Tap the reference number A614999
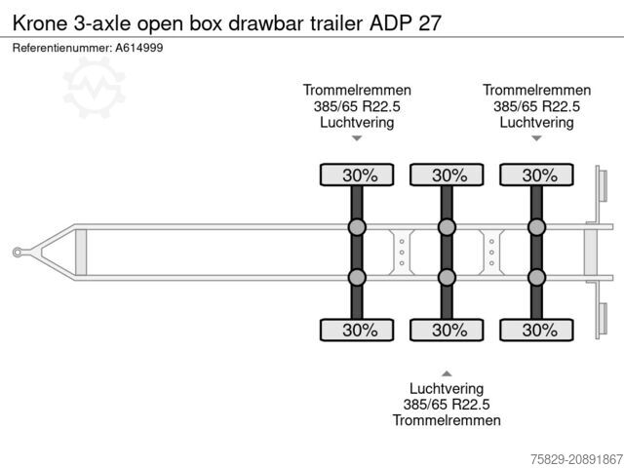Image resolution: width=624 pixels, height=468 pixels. (139, 48)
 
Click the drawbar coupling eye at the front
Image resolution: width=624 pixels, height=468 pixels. (18, 253)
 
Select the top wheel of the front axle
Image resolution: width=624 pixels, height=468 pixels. (357, 175)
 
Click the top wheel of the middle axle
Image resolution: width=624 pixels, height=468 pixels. (447, 175)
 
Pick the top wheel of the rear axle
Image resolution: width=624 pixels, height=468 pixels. (536, 175)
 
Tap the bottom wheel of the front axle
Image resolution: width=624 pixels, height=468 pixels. (357, 330)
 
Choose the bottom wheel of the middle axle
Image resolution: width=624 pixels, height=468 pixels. (447, 330)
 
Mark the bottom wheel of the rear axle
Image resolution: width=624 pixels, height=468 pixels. (536, 330)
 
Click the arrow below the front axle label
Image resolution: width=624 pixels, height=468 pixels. (357, 138)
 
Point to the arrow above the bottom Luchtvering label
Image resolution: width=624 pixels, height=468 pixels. (447, 373)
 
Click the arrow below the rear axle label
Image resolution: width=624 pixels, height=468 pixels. (536, 138)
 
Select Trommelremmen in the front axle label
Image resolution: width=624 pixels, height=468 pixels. (357, 91)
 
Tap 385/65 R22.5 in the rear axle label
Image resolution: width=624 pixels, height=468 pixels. (536, 106)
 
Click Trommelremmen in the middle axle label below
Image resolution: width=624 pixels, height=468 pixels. (447, 420)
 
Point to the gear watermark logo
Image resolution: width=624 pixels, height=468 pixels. (94, 88)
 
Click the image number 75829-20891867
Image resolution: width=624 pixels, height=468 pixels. (576, 459)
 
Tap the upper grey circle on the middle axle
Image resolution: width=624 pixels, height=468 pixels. (447, 227)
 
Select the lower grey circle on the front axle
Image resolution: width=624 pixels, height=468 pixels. (357, 277)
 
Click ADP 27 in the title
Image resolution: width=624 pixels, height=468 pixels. (406, 23)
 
